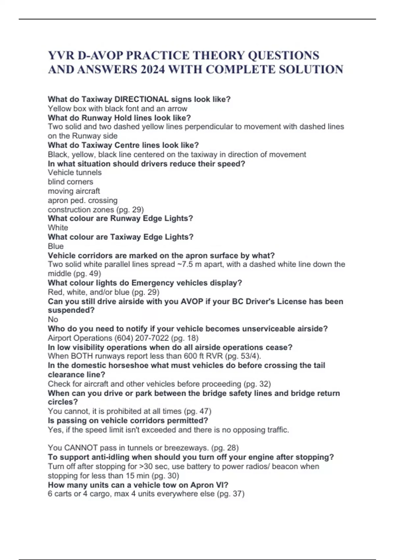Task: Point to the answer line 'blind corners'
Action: (70, 182)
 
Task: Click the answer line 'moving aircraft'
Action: (74, 191)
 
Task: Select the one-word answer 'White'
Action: (58, 228)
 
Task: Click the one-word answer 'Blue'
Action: (56, 246)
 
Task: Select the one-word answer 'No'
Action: (53, 319)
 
